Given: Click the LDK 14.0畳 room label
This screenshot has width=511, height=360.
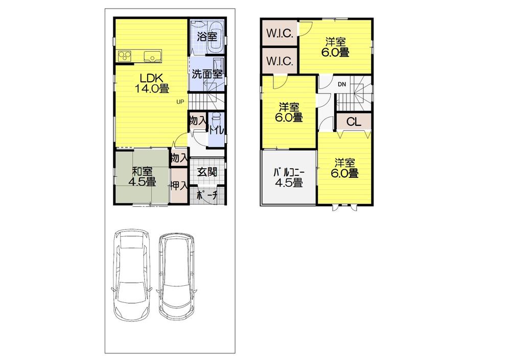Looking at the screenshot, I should tap(152, 83).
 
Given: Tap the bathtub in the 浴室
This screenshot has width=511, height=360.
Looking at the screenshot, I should tap(215, 37).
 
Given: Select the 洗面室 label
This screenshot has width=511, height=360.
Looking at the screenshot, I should tap(207, 74).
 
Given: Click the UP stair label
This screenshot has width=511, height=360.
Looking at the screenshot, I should tap(180, 101).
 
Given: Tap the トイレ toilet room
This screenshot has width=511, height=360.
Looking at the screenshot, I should tap(216, 130).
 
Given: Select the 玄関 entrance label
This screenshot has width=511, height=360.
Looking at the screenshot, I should tap(206, 172).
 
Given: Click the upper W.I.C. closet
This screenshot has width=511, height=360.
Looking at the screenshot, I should tap(279, 34).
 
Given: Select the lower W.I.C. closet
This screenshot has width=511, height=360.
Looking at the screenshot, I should tap(279, 61).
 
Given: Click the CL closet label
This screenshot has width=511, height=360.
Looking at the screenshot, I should tap(353, 122).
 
